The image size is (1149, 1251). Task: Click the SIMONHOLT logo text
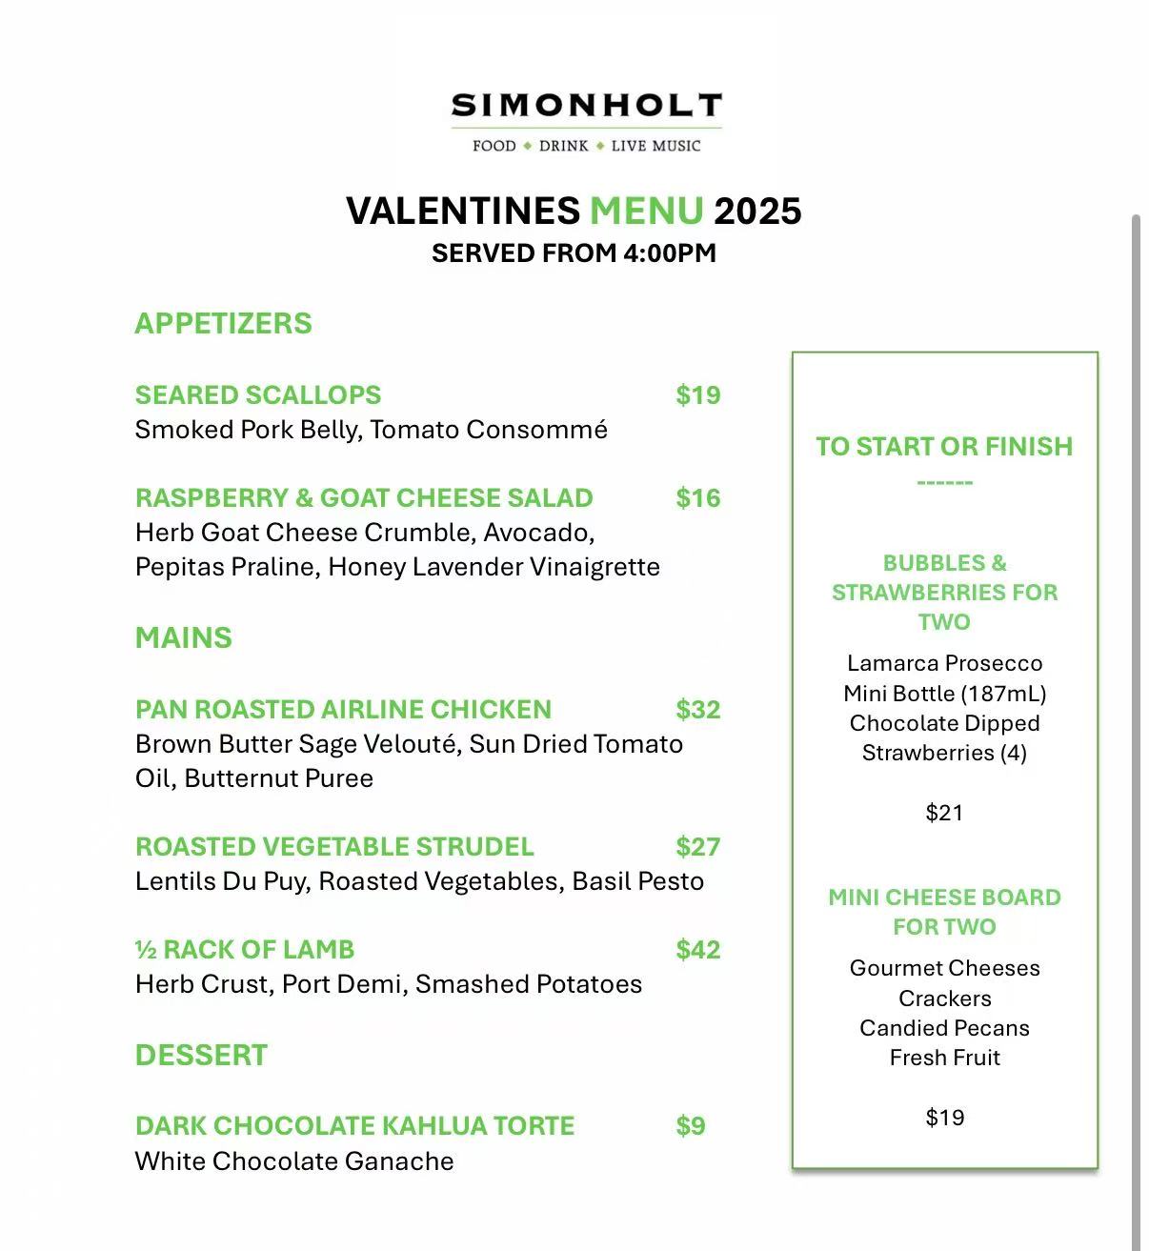(586, 106)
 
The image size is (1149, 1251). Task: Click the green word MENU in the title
(647, 211)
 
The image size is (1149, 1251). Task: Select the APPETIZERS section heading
(223, 323)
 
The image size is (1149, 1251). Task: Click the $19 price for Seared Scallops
(697, 395)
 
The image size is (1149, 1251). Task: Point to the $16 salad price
(697, 498)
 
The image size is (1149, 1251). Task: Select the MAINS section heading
(183, 637)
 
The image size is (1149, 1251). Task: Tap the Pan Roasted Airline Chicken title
(343, 710)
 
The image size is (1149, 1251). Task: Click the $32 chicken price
(697, 710)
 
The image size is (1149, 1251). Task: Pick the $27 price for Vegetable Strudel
(697, 847)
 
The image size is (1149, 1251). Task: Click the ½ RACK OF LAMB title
(245, 950)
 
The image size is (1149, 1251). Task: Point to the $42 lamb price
(697, 950)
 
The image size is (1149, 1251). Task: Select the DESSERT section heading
(201, 1055)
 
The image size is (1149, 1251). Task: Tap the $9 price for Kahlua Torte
(691, 1126)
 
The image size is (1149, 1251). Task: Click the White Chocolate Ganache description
(294, 1161)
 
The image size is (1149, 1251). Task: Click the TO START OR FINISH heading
(944, 447)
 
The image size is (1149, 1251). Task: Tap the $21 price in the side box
(944, 813)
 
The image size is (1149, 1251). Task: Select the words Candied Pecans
(944, 1028)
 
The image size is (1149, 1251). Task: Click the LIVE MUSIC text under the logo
(655, 146)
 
